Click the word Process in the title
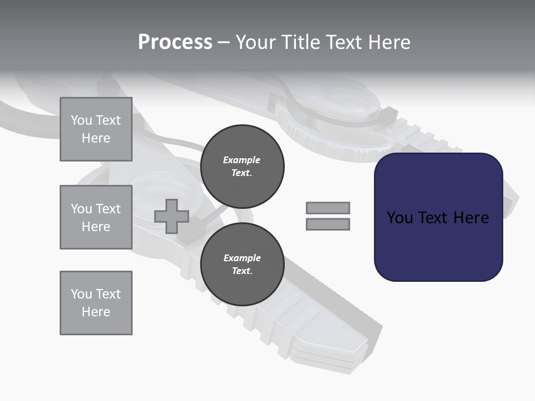[175, 42]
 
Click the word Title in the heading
[299, 42]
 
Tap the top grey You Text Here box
[96, 129]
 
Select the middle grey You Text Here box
[96, 217]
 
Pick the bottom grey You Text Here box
[96, 303]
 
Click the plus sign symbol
[172, 216]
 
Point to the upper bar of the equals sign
[328, 208]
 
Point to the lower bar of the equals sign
[328, 224]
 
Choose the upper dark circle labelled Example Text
[242, 167]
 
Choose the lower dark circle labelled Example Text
[242, 265]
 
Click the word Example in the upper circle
[242, 160]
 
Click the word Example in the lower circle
[242, 258]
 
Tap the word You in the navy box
[400, 218]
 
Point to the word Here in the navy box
[471, 218]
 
